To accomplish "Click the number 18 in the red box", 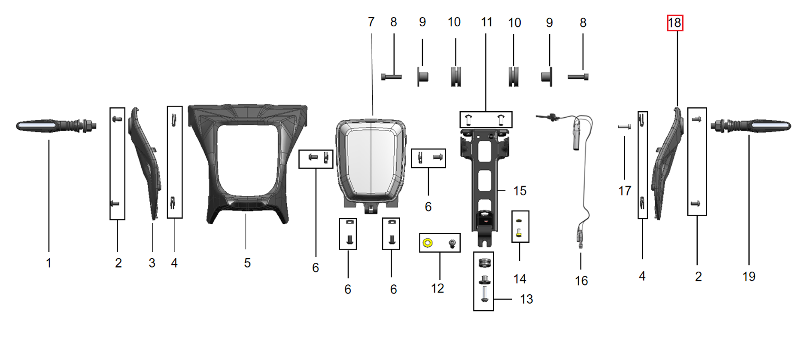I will pyautogui.click(x=674, y=23).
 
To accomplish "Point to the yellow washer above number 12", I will pyautogui.click(x=427, y=243).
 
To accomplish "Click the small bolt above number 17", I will pyautogui.click(x=624, y=127).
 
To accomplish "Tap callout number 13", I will pyautogui.click(x=526, y=299).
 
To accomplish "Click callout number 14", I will pyautogui.click(x=519, y=279).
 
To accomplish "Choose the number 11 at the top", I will pyautogui.click(x=486, y=22).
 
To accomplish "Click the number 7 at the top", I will pyautogui.click(x=371, y=22).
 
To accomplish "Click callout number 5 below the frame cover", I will pyautogui.click(x=247, y=263).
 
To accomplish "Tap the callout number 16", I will pyautogui.click(x=581, y=281).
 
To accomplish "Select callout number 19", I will pyautogui.click(x=749, y=277).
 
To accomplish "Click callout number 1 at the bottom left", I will pyautogui.click(x=49, y=263).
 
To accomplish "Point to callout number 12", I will pyautogui.click(x=437, y=288).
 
